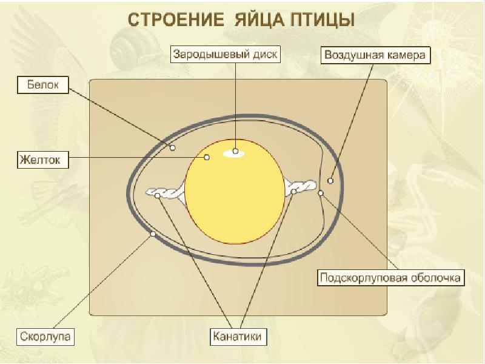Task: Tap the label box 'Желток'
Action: click(42, 161)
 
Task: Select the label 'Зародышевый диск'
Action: click(225, 54)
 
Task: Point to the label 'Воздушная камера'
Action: click(376, 55)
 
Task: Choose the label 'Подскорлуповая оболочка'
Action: click(392, 278)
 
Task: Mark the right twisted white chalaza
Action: click(301, 187)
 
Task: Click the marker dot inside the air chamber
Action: click(330, 180)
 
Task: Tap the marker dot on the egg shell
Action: click(153, 234)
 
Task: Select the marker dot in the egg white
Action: click(172, 147)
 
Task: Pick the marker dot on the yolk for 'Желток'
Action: click(207, 157)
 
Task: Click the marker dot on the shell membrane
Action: click(321, 194)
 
